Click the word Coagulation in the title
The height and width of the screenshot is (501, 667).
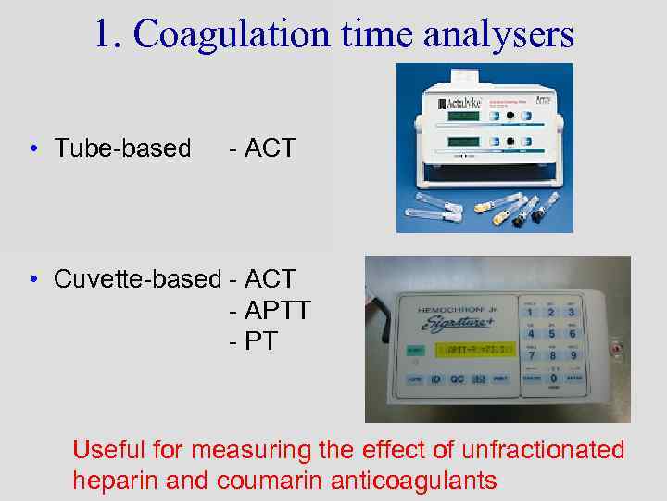(231, 35)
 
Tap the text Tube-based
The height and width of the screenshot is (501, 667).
(122, 148)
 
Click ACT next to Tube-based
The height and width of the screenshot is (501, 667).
(269, 148)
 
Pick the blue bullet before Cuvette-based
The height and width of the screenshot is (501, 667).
(32, 279)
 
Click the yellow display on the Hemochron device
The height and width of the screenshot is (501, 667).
(478, 351)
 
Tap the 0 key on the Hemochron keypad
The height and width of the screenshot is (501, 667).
(554, 379)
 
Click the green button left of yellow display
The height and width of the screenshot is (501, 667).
(414, 350)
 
